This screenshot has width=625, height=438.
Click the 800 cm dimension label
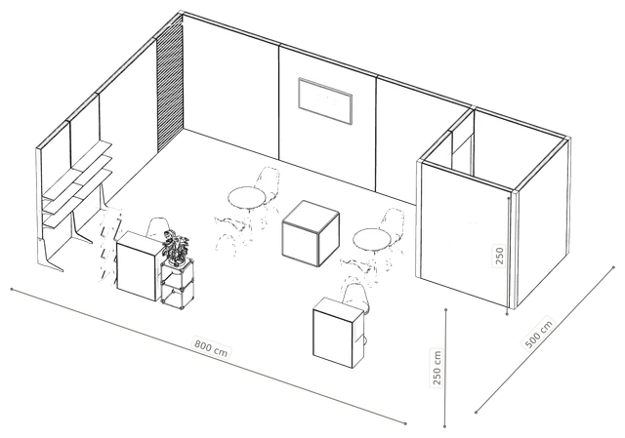click(x=211, y=347)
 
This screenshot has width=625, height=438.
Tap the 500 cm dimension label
click(x=538, y=334)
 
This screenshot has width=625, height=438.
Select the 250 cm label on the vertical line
click(x=437, y=367)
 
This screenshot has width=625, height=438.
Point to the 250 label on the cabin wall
click(x=499, y=256)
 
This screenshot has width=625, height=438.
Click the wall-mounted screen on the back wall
click(x=325, y=101)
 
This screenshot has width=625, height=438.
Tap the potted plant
click(x=176, y=247)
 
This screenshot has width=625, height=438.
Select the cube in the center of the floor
click(x=311, y=233)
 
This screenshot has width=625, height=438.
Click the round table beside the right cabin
click(x=371, y=241)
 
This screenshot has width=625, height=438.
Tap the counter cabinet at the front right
click(x=338, y=333)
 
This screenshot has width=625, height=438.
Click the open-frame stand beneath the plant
click(x=177, y=284)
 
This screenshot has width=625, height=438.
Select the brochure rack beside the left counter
click(x=108, y=244)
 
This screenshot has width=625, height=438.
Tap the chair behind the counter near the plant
click(x=157, y=227)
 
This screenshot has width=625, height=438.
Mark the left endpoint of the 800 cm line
click(x=12, y=289)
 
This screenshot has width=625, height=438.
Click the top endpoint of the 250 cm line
click(x=445, y=309)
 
